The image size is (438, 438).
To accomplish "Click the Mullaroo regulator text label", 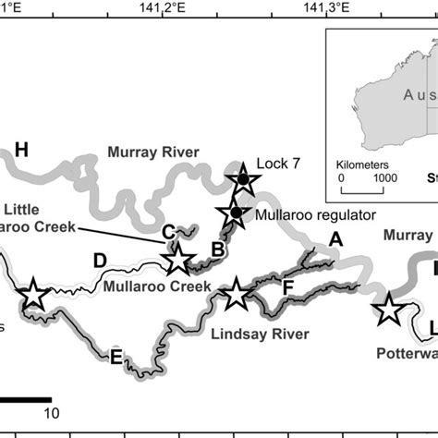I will click(315, 214).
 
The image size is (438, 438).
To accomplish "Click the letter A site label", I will click(335, 238).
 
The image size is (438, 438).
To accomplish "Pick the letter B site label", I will click(218, 248).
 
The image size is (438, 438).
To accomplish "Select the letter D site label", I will click(100, 261).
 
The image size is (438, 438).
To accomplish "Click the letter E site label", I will click(116, 356).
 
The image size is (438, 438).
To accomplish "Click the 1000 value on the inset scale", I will click(384, 176).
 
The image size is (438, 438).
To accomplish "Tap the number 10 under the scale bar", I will click(52, 411).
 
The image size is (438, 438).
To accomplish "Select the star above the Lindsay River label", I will click(237, 295).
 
